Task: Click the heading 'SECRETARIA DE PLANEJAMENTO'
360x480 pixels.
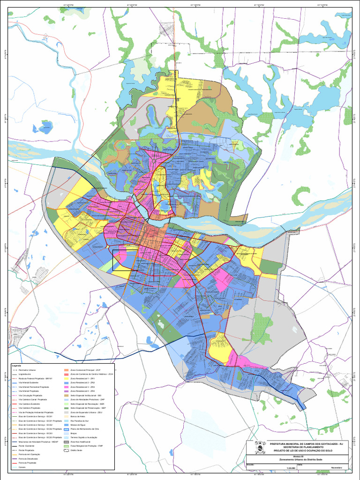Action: [x=305, y=447]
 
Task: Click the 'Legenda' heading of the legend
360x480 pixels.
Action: [x=16, y=366]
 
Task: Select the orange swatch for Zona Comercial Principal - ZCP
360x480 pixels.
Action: [x=66, y=370]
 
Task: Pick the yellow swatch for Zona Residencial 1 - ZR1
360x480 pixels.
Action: [x=66, y=378]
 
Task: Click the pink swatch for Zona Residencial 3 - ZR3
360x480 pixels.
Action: [x=66, y=387]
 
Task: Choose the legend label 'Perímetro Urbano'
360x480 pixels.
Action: [x=27, y=370]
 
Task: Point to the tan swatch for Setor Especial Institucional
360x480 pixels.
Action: [x=66, y=395]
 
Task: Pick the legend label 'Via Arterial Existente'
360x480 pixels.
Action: [x=28, y=382]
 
